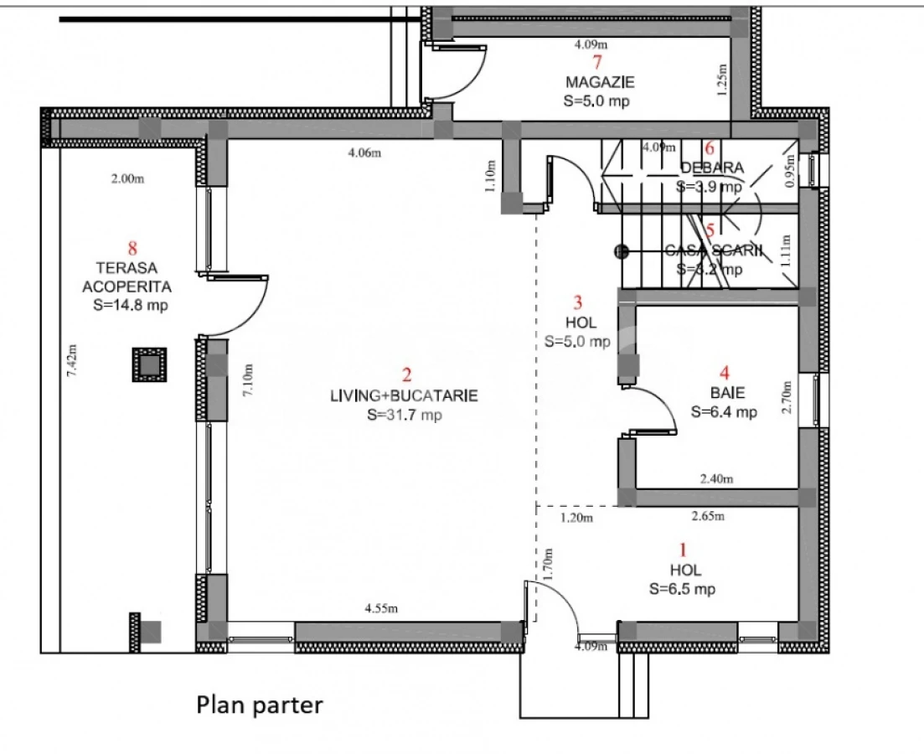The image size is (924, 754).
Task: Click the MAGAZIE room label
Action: pyautogui.click(x=599, y=82)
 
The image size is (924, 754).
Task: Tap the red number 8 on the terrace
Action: pyautogui.click(x=132, y=248)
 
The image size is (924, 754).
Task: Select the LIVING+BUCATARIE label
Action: pyautogui.click(x=404, y=396)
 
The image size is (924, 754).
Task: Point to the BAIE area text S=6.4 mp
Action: pyautogui.click(x=724, y=411)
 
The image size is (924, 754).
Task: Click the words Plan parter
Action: pyautogui.click(x=259, y=705)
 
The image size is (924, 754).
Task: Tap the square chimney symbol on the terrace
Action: pyautogui.click(x=149, y=364)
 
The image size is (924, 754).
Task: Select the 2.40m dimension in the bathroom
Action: pyautogui.click(x=716, y=479)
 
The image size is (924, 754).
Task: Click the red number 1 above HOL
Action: pyautogui.click(x=682, y=550)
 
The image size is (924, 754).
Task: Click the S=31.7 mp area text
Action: pyautogui.click(x=404, y=415)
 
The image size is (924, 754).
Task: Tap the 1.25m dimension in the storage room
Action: pyautogui.click(x=723, y=81)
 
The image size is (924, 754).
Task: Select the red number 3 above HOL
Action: pyautogui.click(x=578, y=303)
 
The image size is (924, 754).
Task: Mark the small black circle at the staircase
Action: pyautogui.click(x=621, y=250)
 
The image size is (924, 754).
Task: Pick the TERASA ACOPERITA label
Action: pyautogui.click(x=131, y=276)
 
